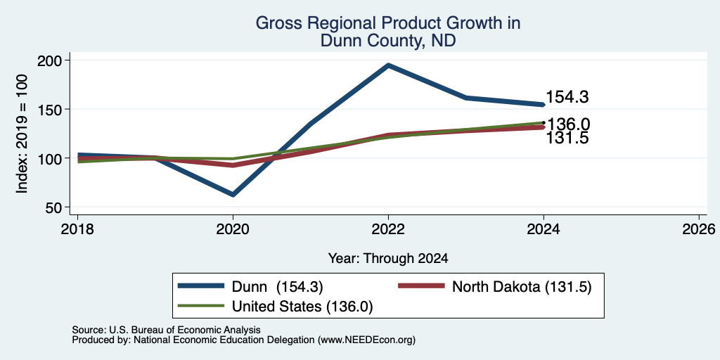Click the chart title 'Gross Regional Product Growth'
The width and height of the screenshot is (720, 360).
click(388, 23)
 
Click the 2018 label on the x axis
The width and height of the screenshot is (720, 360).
click(77, 229)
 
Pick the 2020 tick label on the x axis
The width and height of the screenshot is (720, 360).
click(233, 229)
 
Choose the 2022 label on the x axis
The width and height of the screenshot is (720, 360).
click(388, 229)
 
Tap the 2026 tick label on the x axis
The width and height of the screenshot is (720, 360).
click(699, 229)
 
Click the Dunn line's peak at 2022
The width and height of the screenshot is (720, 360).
click(388, 65)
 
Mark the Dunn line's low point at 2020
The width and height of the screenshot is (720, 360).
click(233, 195)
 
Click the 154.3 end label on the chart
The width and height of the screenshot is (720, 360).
click(567, 97)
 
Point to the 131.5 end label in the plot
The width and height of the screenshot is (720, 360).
click(567, 139)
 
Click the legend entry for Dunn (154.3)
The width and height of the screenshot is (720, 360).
click(250, 287)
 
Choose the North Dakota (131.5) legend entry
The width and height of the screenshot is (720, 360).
click(494, 287)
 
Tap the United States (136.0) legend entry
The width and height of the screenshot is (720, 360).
click(275, 307)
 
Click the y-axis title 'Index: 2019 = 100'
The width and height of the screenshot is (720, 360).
click(22, 134)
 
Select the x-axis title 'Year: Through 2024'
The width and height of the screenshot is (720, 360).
click(388, 259)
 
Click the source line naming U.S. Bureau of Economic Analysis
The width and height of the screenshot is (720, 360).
click(166, 330)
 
